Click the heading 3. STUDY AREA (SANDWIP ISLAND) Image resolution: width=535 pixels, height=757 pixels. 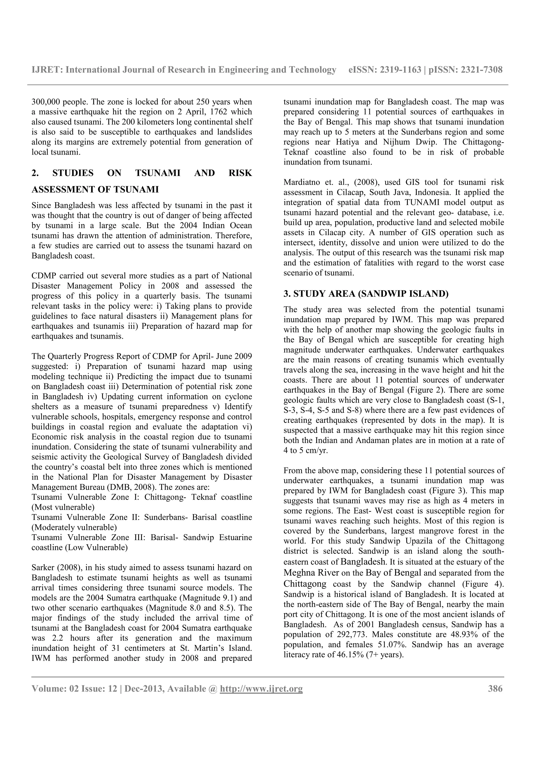click(x=366, y=294)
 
